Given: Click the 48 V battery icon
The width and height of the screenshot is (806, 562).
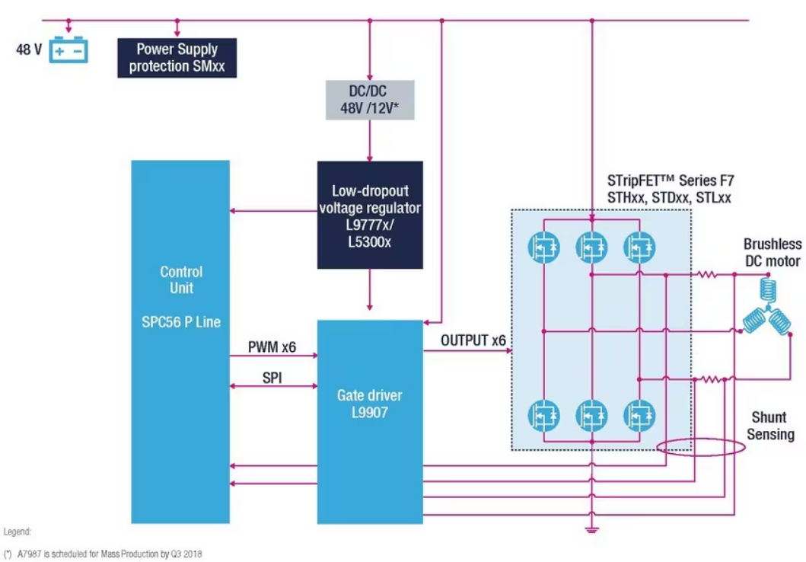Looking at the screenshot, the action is tap(68, 49).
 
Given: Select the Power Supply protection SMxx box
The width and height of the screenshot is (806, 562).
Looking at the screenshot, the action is tap(177, 58).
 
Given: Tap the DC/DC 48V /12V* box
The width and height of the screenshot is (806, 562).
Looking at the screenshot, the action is tap(370, 100).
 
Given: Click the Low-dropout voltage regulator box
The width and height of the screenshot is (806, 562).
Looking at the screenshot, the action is tap(370, 215).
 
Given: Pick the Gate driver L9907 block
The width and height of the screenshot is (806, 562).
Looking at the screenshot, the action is tap(370, 422).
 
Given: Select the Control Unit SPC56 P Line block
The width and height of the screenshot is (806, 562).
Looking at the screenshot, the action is tap(180, 342).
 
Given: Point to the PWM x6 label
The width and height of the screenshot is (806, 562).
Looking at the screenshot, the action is tap(272, 347).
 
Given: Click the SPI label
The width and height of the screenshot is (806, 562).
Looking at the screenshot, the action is tap(272, 378).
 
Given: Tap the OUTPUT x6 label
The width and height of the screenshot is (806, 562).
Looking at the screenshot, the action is tap(473, 340).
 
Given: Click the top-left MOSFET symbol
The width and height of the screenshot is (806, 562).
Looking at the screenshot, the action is tap(544, 247).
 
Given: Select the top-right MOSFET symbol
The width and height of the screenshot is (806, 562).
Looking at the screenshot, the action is tap(639, 247).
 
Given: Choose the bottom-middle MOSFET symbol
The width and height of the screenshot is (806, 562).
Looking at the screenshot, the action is tap(591, 416).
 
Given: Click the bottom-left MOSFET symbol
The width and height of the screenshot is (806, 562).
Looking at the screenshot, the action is tap(544, 416).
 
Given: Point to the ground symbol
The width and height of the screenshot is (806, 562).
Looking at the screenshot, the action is tap(591, 529).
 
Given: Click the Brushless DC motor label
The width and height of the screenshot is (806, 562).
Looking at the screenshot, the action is tap(772, 253).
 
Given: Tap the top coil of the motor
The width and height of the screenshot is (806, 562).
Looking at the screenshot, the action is tap(767, 290).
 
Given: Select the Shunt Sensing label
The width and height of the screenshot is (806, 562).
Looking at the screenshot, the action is tap(770, 426).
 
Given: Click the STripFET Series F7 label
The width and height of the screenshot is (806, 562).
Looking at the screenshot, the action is tap(671, 180).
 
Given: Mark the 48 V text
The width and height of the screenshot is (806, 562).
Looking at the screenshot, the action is tap(29, 49).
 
